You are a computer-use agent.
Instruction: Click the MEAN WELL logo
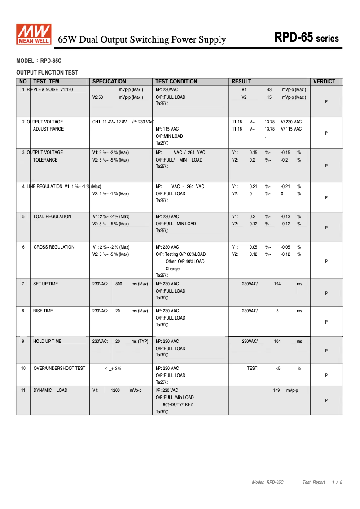[x=34, y=35]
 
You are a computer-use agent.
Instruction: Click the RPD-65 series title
[x=307, y=38]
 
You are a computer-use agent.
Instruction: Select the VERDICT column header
[x=324, y=82]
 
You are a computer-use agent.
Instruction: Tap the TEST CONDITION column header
[x=176, y=82]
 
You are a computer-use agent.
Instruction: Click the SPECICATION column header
[x=109, y=82]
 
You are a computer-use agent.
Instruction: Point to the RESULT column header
[x=241, y=82]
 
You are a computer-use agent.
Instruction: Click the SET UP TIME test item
[x=45, y=284]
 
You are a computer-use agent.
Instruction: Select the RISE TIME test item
[x=43, y=311]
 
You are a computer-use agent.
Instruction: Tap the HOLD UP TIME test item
[x=47, y=342]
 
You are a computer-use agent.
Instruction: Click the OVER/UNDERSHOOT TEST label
[x=59, y=369]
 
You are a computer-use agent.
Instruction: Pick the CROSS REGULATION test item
[x=54, y=247]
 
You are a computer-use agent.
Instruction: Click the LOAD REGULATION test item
[x=52, y=217]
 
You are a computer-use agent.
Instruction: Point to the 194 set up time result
[x=277, y=284]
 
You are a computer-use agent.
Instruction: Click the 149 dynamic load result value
[x=277, y=391]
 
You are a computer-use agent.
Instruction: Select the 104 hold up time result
[x=277, y=342]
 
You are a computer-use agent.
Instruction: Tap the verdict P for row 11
[x=326, y=401]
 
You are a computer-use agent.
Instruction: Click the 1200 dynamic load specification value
[x=115, y=391]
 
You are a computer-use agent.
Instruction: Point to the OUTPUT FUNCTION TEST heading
[x=47, y=72]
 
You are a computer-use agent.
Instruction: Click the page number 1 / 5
[x=337, y=483]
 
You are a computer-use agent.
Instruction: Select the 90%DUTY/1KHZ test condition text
[x=178, y=405]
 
